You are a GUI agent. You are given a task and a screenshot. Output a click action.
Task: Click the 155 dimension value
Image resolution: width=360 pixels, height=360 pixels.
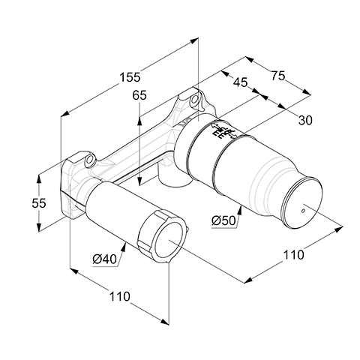tap(130, 77)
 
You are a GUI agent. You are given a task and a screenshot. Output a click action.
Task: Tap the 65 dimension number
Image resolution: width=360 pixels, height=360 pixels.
tap(139, 95)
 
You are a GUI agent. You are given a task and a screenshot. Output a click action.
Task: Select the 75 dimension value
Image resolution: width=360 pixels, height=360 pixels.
tap(278, 76)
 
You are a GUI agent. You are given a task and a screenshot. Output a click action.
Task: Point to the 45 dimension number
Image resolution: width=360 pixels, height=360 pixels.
tap(241, 82)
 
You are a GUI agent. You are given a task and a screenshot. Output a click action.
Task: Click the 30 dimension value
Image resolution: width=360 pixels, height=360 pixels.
tap(305, 121)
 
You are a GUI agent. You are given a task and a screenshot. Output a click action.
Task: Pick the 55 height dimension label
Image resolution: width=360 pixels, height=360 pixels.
tap(39, 203)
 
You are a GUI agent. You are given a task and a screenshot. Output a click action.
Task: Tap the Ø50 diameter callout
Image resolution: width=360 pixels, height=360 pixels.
tap(223, 220)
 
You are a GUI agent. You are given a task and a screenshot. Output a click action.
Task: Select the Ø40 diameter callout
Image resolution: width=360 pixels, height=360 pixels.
tap(105, 259)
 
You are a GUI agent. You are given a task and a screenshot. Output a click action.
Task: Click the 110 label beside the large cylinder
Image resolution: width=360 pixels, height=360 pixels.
tap(293, 255)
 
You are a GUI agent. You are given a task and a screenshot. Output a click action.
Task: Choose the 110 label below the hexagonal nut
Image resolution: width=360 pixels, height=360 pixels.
tap(120, 297)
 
